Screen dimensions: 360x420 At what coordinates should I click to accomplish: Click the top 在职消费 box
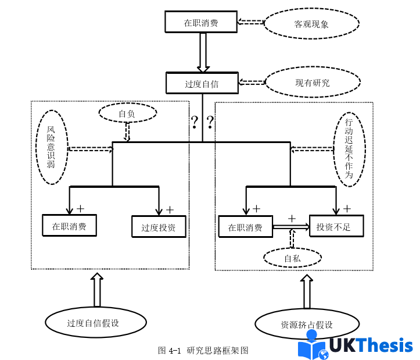coord(200,23)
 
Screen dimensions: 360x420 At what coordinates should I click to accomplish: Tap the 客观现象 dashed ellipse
coord(311,24)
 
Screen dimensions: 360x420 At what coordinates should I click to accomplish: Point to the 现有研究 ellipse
coord(312,83)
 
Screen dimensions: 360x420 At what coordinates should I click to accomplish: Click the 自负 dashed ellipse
coord(127,114)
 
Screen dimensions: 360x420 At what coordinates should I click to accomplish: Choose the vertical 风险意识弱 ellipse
coord(51,148)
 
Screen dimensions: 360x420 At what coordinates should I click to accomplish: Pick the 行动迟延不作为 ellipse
coord(349,148)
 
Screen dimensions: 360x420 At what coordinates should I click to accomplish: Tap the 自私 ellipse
coord(292,258)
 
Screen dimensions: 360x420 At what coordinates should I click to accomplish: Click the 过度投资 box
coord(159,227)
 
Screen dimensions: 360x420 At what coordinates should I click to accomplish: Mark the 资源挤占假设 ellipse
coord(306,325)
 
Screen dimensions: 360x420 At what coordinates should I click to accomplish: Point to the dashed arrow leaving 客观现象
coord(251,22)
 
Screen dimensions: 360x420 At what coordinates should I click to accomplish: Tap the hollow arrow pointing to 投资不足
coord(290,227)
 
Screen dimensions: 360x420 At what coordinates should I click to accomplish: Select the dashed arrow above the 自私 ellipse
coord(292,239)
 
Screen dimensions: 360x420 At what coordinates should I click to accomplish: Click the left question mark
coord(195,122)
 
